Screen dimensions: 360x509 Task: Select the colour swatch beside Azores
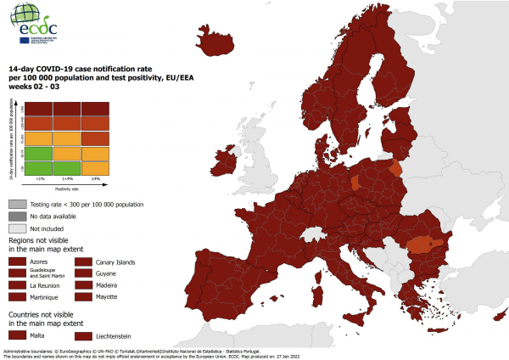17,262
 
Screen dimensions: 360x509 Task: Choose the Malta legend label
39,335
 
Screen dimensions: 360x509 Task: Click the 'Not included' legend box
17,228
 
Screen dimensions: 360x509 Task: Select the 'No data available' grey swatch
17,217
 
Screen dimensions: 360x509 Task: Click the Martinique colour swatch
17,298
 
